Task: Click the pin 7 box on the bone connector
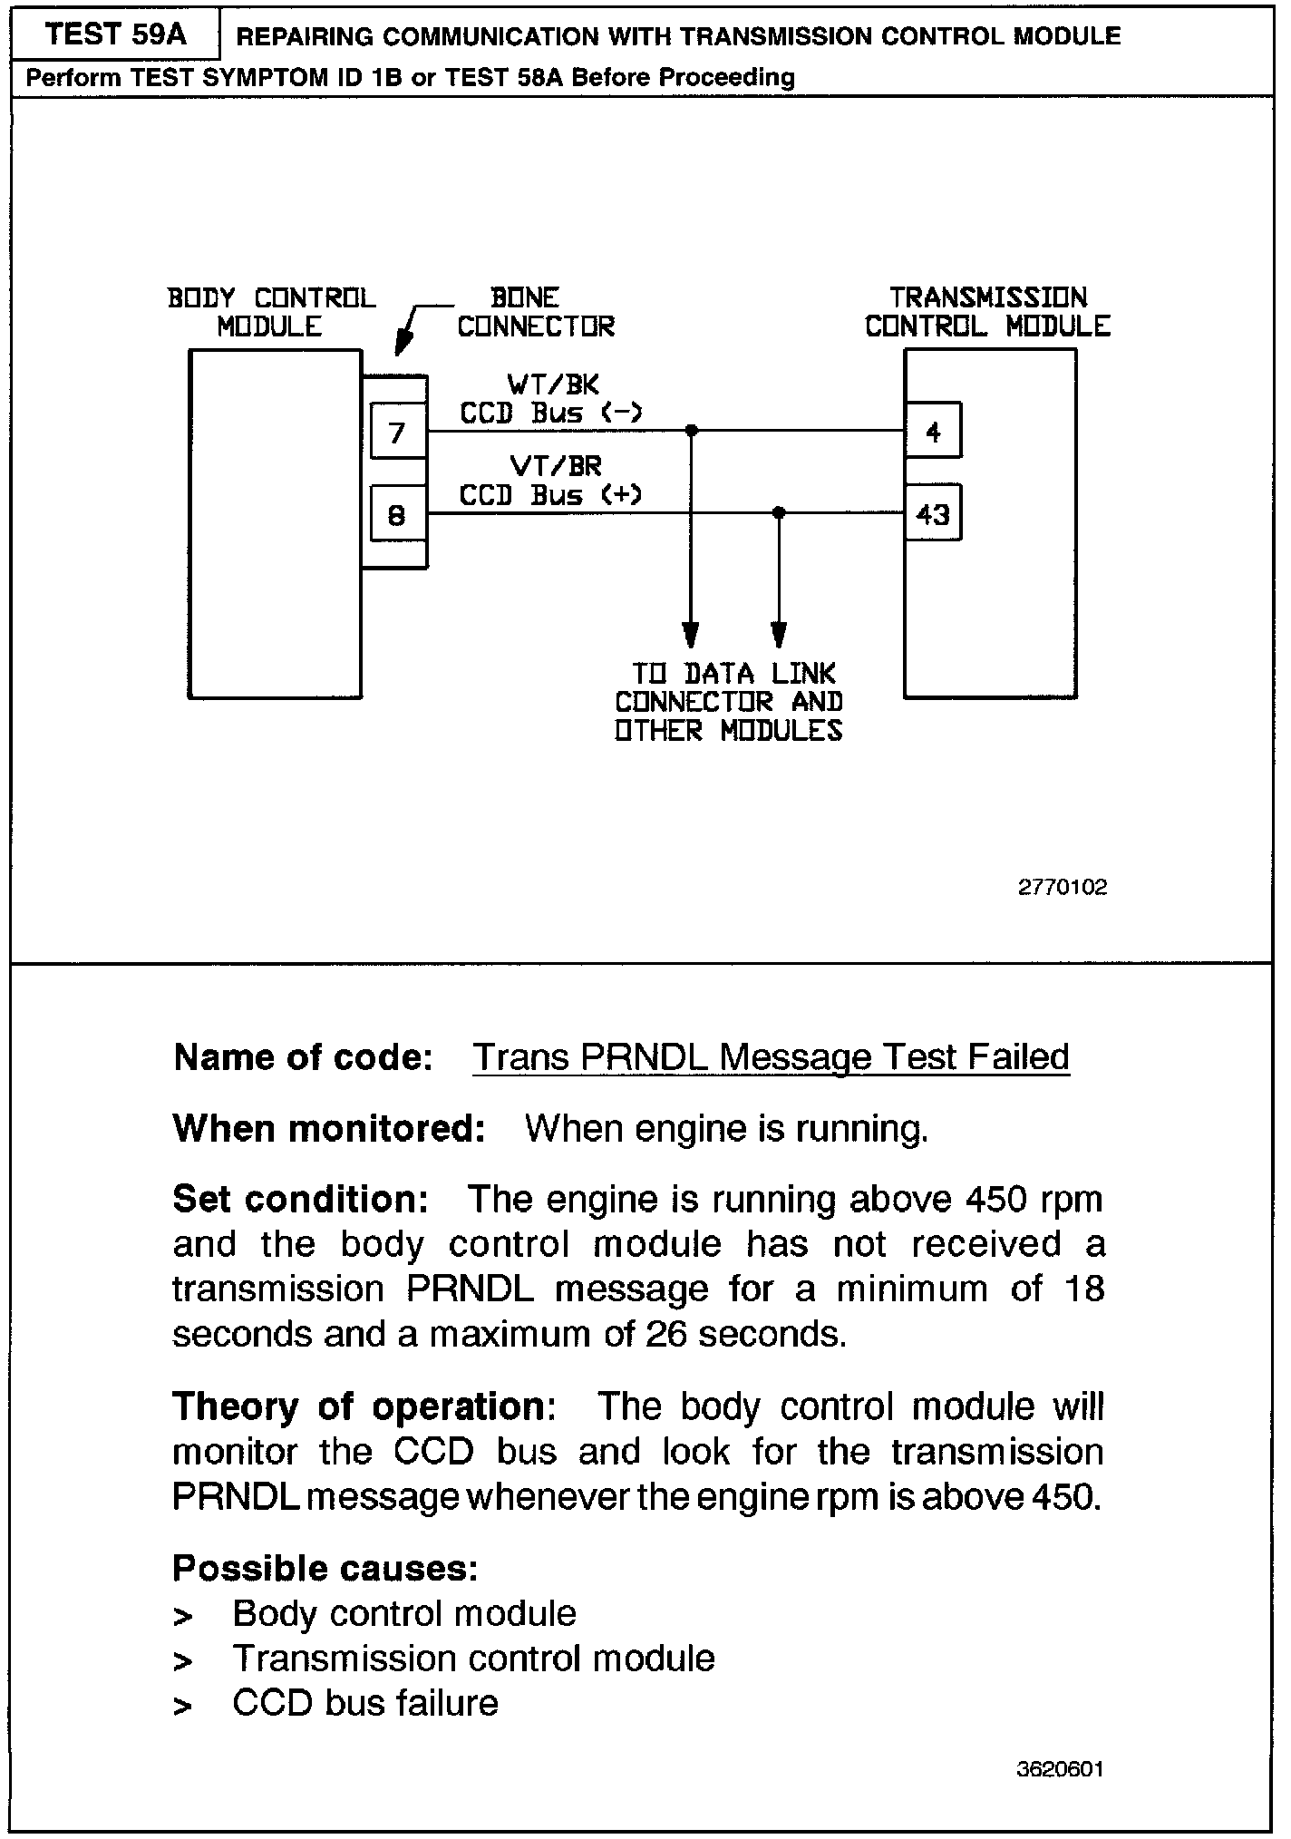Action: [x=397, y=433]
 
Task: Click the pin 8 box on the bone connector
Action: [x=397, y=515]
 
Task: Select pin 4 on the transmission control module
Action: [x=933, y=433]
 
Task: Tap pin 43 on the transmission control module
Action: [x=933, y=514]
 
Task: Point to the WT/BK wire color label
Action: [x=554, y=384]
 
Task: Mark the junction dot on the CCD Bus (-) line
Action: [x=691, y=431]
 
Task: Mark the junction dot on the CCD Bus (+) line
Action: [x=778, y=513]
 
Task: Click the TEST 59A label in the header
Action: [x=115, y=34]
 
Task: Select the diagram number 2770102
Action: [x=1063, y=888]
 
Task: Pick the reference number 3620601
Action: [x=1060, y=1769]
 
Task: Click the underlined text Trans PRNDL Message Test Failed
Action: [x=771, y=1057]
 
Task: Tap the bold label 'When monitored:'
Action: [x=329, y=1129]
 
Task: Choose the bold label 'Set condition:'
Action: [x=300, y=1200]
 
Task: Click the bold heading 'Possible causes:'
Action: [x=325, y=1568]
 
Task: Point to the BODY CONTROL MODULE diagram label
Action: [x=271, y=312]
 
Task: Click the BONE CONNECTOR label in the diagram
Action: [x=536, y=312]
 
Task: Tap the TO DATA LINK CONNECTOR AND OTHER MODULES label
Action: [x=729, y=702]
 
